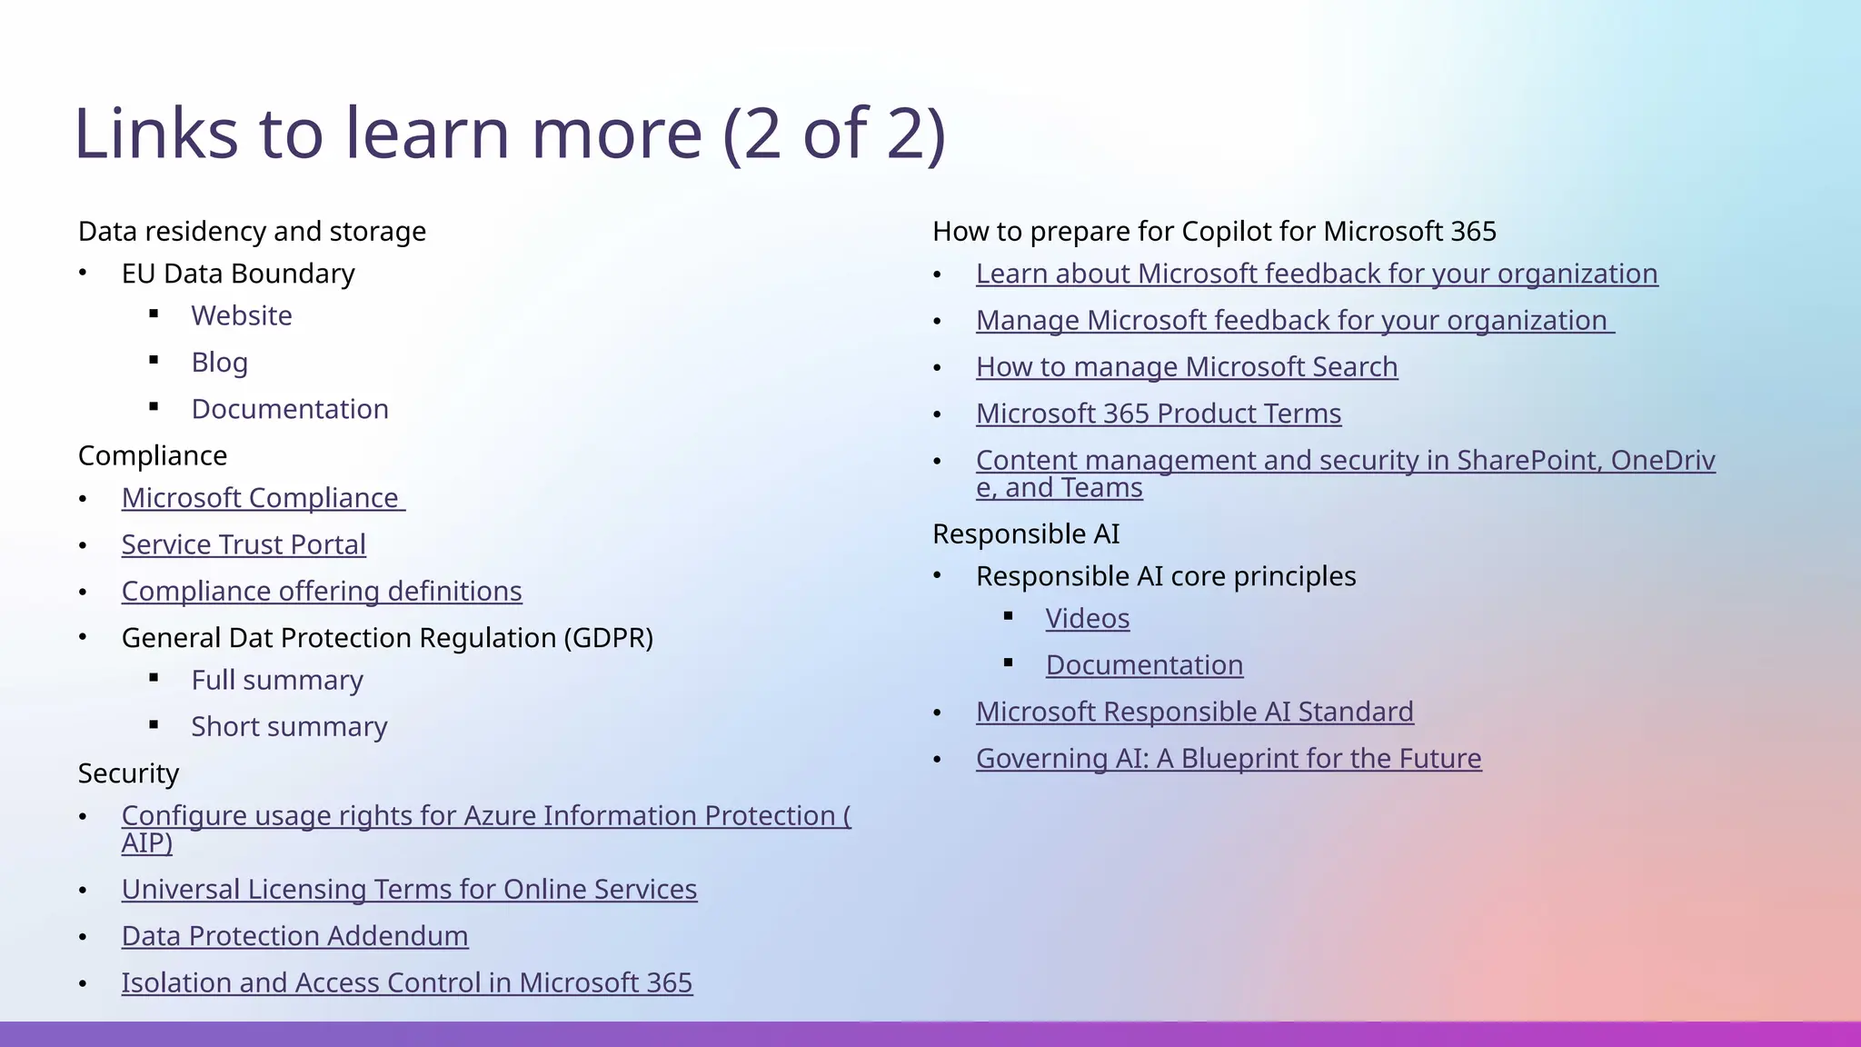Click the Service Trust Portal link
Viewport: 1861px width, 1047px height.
tap(244, 544)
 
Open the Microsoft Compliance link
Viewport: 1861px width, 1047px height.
tap(261, 498)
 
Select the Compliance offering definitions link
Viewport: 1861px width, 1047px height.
tap(322, 591)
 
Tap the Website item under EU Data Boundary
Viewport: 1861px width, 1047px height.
tap(242, 315)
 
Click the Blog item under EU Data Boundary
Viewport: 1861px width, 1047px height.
tap(219, 362)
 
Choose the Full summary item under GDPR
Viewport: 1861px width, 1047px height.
tap(277, 680)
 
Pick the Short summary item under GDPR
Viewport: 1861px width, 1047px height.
tap(289, 726)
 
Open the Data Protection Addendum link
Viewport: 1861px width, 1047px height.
tap(294, 936)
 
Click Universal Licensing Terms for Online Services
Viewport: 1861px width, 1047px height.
tap(409, 889)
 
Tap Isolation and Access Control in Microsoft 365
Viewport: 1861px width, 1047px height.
tap(406, 982)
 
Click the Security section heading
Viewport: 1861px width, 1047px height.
tap(128, 773)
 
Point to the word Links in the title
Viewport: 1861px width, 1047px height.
tap(155, 134)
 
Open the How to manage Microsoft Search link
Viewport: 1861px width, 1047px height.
tap(1187, 366)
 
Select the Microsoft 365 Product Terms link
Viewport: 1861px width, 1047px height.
tap(1159, 414)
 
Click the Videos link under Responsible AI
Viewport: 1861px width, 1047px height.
tap(1087, 618)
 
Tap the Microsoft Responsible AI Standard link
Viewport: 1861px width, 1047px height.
tap(1194, 712)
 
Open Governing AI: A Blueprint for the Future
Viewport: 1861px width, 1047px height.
tap(1229, 758)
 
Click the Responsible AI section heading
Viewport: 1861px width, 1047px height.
tap(1026, 533)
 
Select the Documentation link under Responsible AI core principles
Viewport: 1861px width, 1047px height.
tap(1144, 665)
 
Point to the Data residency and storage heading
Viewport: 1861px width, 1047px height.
tap(252, 231)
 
